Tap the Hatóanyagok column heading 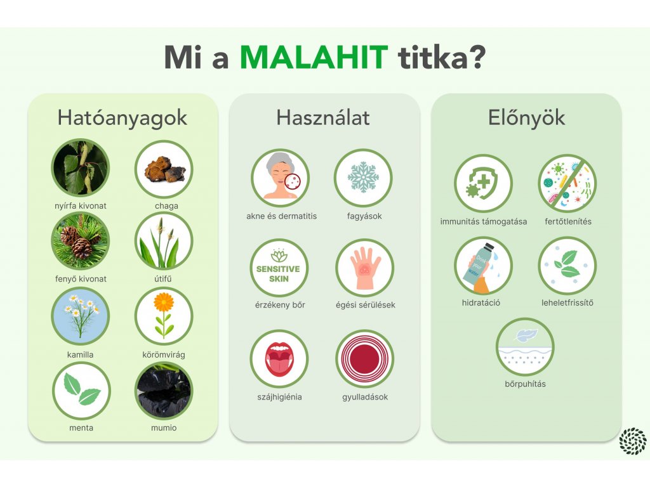(123, 117)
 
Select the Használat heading (323, 117)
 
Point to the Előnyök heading (526, 117)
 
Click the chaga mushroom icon (164, 169)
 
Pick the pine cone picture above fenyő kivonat (81, 240)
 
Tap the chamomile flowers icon (81, 316)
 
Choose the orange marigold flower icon (164, 316)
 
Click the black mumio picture (164, 391)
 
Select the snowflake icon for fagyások (363, 178)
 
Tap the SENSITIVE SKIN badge (279, 268)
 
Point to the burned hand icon (364, 268)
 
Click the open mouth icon (279, 358)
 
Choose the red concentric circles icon (364, 358)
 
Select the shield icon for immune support (483, 183)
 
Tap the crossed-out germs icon (567, 183)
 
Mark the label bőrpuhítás (525, 384)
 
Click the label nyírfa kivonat (81, 206)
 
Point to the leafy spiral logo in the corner (633, 441)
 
